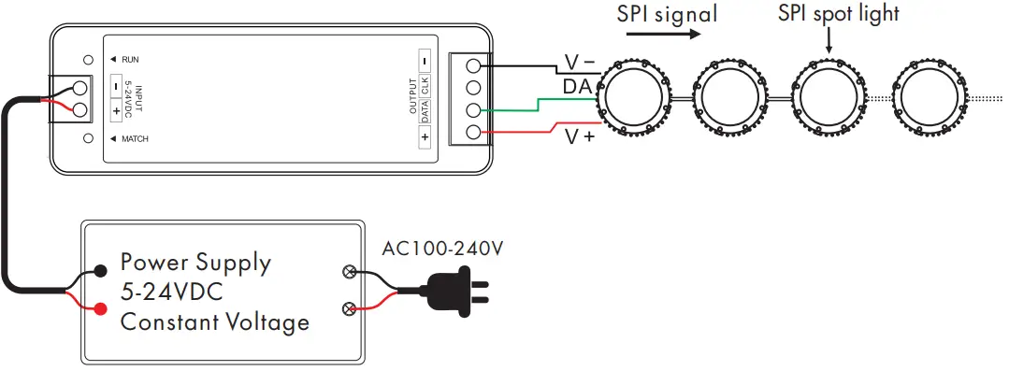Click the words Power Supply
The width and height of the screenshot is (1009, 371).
click(195, 263)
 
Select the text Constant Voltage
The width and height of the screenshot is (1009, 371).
click(215, 323)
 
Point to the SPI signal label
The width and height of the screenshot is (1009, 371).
click(667, 14)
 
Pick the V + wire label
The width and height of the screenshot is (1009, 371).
click(580, 137)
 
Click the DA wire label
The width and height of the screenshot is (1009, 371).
click(576, 87)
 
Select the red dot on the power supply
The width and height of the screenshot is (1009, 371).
click(100, 309)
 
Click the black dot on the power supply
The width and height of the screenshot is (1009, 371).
click(100, 274)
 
